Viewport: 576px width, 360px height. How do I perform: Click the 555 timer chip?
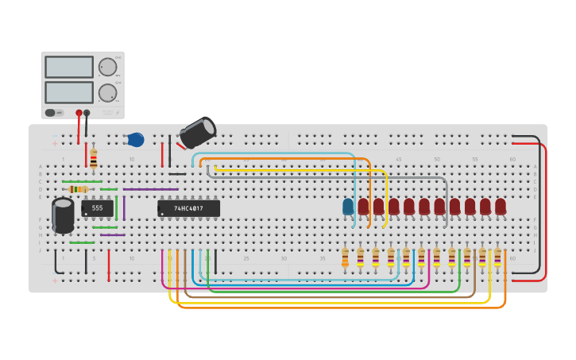coord(97,208)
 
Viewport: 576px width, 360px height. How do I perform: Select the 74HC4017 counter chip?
coord(188,208)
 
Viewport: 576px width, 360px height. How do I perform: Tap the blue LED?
coord(348,207)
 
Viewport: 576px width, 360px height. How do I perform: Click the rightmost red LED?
coord(501,207)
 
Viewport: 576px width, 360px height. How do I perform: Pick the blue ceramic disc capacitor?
coord(135,140)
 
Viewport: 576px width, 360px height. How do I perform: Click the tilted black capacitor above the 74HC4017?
coord(197,133)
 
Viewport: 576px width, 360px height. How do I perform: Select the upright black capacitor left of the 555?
coord(63,215)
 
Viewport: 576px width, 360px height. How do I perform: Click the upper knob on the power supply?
coord(106,67)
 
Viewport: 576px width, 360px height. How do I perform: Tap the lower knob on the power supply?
coord(106,93)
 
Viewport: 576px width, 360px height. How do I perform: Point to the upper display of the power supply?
coord(69,67)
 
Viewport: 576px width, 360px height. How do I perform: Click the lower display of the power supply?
coord(69,92)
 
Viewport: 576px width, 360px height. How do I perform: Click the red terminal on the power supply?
coord(79,113)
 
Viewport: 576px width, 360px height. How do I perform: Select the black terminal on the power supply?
coord(87,113)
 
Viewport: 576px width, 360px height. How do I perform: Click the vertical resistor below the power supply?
coord(94,158)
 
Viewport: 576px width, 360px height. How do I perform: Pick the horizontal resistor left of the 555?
coord(78,189)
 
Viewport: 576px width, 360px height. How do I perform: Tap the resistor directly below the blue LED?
coord(345,257)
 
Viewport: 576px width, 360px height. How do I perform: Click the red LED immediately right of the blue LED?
coord(363,207)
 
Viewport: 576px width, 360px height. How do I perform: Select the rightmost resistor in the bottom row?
coord(497,257)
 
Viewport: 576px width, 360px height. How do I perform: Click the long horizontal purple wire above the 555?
coord(151,189)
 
